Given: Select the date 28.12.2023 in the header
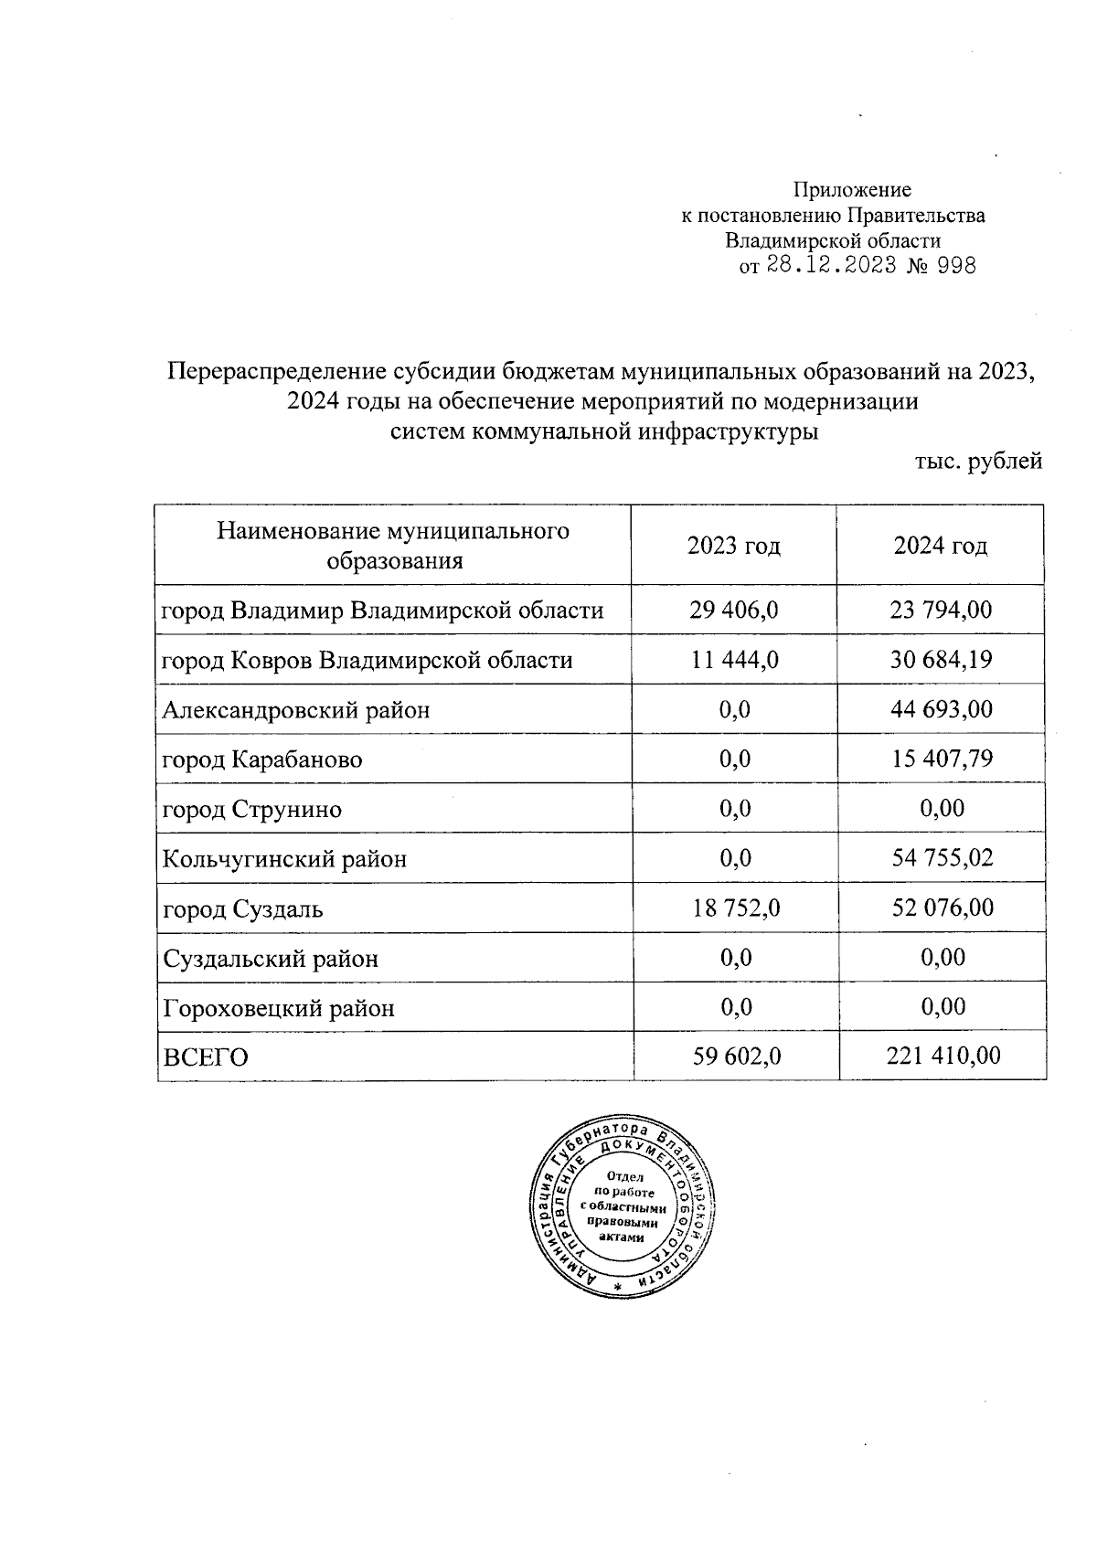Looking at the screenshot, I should pos(831,266).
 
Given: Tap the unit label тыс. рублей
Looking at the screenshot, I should pos(978,462).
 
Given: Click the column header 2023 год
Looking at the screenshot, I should pos(733,547).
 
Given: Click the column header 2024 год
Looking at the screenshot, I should pos(941,547).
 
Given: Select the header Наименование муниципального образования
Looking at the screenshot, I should pos(393,546).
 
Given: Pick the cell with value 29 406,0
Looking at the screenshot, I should pos(734,611).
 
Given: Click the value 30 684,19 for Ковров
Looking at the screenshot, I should pos(941,660).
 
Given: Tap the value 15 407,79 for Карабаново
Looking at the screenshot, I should pos(941,759).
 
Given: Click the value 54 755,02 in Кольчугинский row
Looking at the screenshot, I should pos(941,859).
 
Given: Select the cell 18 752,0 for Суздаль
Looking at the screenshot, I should pos(734,909).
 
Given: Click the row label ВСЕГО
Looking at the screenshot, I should pos(205,1058).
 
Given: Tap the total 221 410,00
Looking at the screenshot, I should pos(943,1057).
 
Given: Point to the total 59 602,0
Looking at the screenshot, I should pos(734,1057).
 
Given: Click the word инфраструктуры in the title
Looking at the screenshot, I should pos(728,431).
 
